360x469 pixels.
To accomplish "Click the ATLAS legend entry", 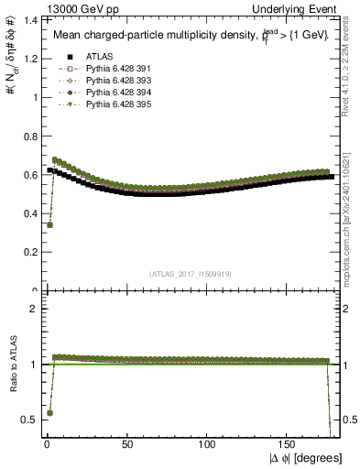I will tap(86, 56).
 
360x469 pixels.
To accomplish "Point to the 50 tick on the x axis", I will tap(126, 448).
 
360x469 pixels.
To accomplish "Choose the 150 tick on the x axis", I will tap(289, 448).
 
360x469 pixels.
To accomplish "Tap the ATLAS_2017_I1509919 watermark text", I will tap(189, 273).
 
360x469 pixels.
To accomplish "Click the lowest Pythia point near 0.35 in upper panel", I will tap(49, 224).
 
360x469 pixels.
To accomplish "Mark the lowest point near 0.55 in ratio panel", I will tap(49, 413).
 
